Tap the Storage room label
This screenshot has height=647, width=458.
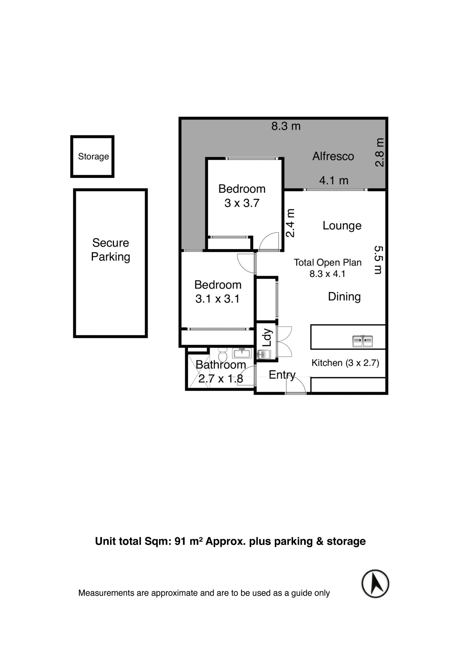pos(93,157)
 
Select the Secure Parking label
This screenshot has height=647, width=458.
pos(110,250)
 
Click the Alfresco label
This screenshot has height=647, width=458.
pos(333,156)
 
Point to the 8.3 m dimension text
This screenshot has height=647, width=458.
pos(286,126)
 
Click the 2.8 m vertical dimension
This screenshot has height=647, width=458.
pos(379,153)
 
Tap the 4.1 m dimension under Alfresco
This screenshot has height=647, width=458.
pos(334,181)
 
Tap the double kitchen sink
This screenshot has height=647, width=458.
pos(363,341)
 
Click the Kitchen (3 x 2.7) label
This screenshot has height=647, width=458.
pos(345,363)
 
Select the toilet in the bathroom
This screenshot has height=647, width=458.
pos(223,355)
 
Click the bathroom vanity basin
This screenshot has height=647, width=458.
pos(242,353)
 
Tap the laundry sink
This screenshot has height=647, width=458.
pos(264,354)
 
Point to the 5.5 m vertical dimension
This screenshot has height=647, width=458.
pos(379,260)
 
